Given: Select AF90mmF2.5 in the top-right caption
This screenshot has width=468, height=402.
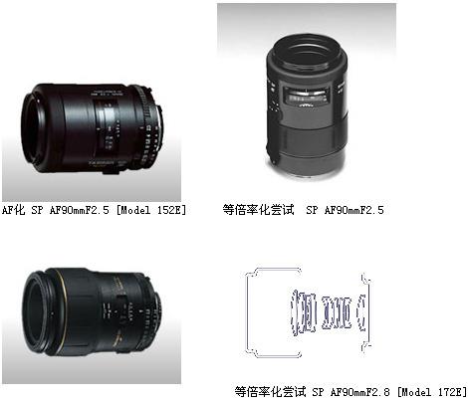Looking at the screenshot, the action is click(353, 210).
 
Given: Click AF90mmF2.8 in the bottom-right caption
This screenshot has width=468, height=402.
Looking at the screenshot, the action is click(360, 392).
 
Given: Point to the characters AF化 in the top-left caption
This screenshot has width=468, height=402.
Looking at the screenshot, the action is click(13, 210).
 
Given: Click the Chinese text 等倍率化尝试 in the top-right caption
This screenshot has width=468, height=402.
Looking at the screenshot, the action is click(258, 210).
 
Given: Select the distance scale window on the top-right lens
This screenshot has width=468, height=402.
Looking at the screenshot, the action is click(307, 96).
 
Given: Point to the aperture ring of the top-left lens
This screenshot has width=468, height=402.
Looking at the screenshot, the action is click(147, 131).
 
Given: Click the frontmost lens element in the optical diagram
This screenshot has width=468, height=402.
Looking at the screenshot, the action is click(294, 311).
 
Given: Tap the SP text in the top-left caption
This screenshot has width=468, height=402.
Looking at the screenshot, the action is click(37, 210).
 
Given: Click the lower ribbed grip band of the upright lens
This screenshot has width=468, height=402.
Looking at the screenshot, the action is click(307, 141).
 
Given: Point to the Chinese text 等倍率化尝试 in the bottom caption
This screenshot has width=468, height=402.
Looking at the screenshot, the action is click(270, 392).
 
